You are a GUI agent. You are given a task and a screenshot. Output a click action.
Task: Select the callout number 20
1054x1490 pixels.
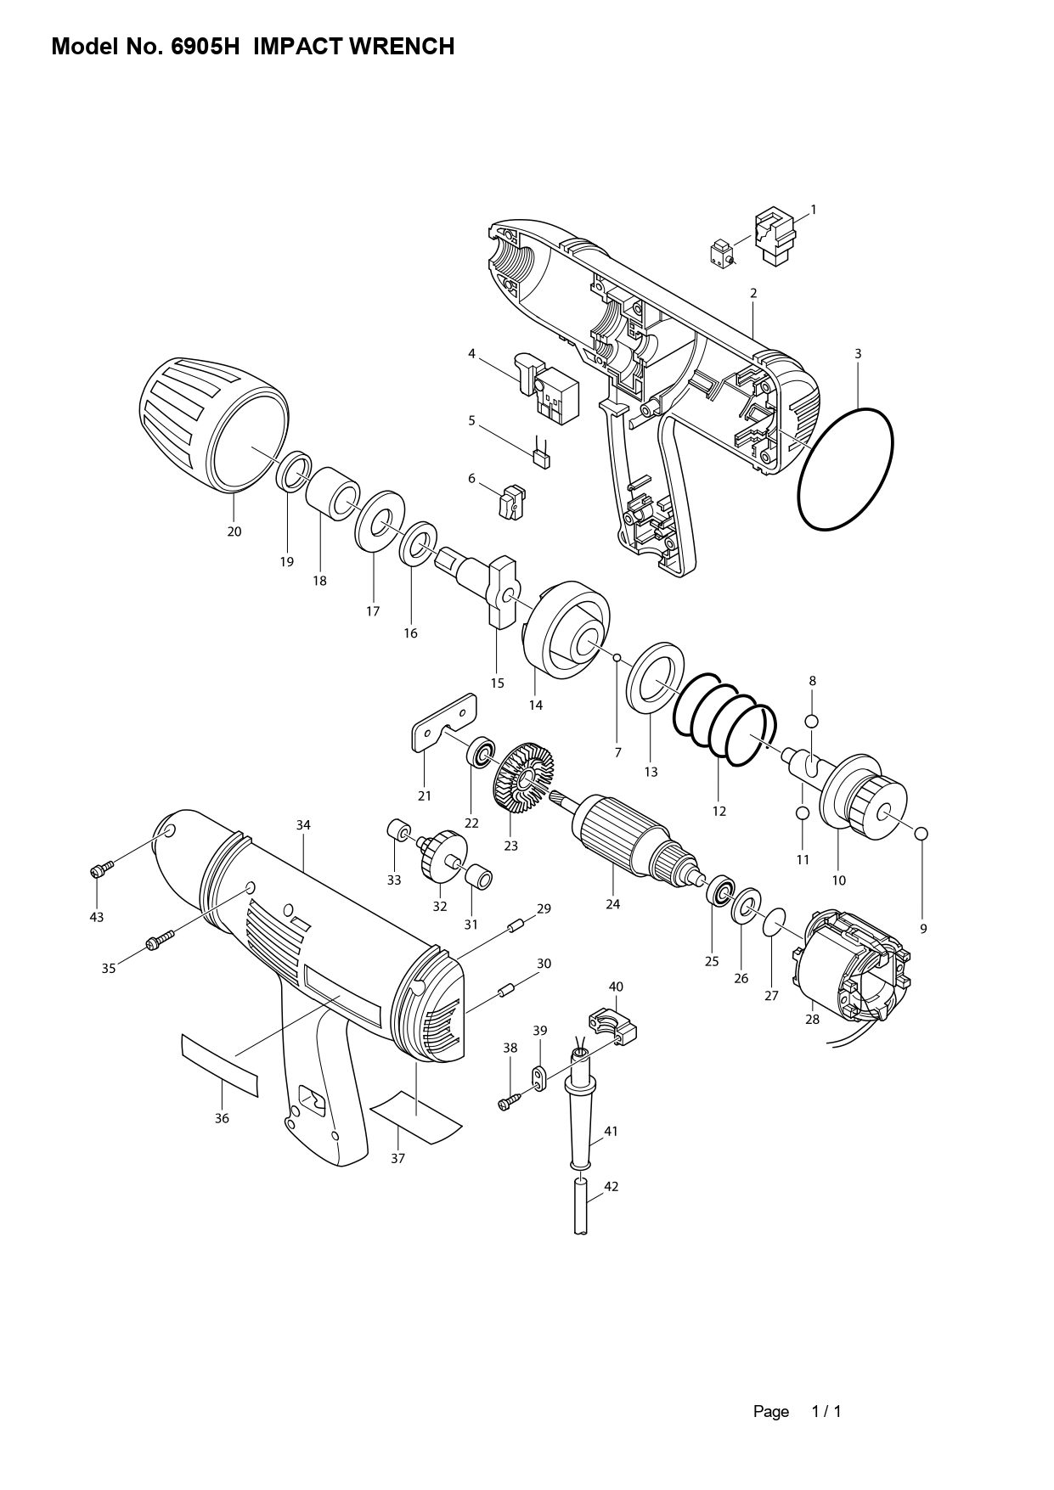pyautogui.click(x=234, y=531)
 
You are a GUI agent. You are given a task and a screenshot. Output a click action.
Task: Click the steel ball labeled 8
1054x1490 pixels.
pyautogui.click(x=812, y=721)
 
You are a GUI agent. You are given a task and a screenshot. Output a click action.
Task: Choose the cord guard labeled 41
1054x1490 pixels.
pyautogui.click(x=583, y=1109)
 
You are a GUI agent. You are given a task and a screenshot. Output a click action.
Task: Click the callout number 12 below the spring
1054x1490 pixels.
pyautogui.click(x=719, y=811)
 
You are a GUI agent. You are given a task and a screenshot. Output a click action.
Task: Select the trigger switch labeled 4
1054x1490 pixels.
pyautogui.click(x=546, y=386)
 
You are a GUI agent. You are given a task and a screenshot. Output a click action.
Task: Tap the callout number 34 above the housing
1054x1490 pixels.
pyautogui.click(x=303, y=825)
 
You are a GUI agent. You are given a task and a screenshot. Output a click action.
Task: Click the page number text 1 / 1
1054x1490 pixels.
pyautogui.click(x=826, y=1412)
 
